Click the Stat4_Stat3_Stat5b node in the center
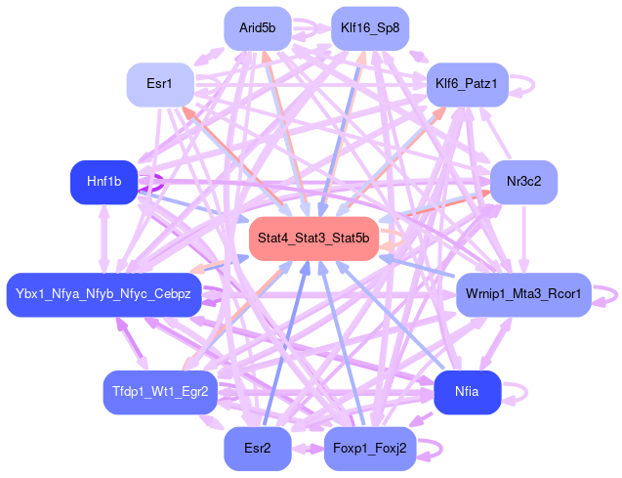(x=313, y=239)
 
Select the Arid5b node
(x=258, y=28)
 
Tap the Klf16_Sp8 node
(x=369, y=28)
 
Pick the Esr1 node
(x=159, y=85)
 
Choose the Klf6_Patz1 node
(x=467, y=85)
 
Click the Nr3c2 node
(x=523, y=182)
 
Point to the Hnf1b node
(x=104, y=182)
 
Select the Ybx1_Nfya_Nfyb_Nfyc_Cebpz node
(x=104, y=294)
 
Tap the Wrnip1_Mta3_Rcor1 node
(x=523, y=294)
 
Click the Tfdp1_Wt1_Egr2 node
(x=159, y=392)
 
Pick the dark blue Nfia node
(x=467, y=392)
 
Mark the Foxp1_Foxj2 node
(x=369, y=449)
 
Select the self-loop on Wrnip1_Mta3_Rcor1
(x=607, y=293)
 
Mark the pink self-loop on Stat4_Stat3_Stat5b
(x=391, y=239)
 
